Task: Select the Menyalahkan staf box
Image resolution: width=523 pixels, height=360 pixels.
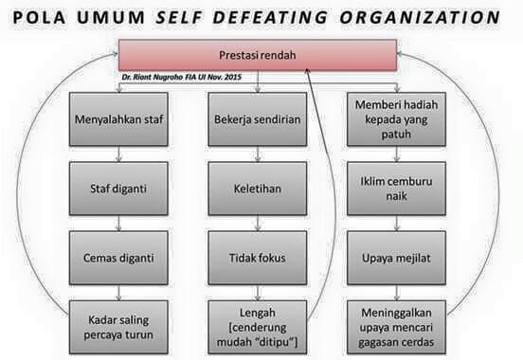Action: pos(118,120)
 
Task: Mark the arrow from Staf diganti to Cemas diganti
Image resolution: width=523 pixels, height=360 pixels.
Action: pos(118,218)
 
